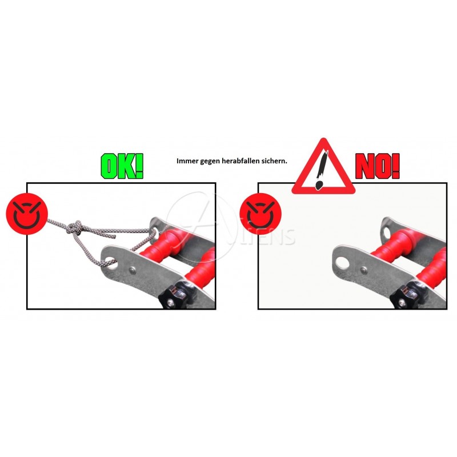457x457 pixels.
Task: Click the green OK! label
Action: [x=122, y=166]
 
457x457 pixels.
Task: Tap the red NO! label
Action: [x=378, y=166]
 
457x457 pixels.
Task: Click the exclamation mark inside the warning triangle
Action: [x=322, y=170]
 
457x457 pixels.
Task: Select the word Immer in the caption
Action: [x=187, y=161]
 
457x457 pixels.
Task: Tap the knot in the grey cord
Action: [x=75, y=227]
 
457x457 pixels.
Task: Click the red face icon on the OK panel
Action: [x=27, y=214]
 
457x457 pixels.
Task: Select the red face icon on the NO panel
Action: [x=260, y=214]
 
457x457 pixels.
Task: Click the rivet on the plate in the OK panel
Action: [x=133, y=270]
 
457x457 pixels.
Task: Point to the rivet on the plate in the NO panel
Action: [x=364, y=270]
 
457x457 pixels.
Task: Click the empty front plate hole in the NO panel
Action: [x=342, y=263]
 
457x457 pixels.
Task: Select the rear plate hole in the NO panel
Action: [x=387, y=232]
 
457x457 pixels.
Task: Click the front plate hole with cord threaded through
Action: [x=111, y=262]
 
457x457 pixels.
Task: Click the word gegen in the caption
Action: [x=210, y=161]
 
